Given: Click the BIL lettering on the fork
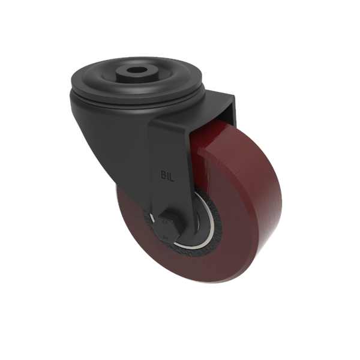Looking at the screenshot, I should [169, 176].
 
